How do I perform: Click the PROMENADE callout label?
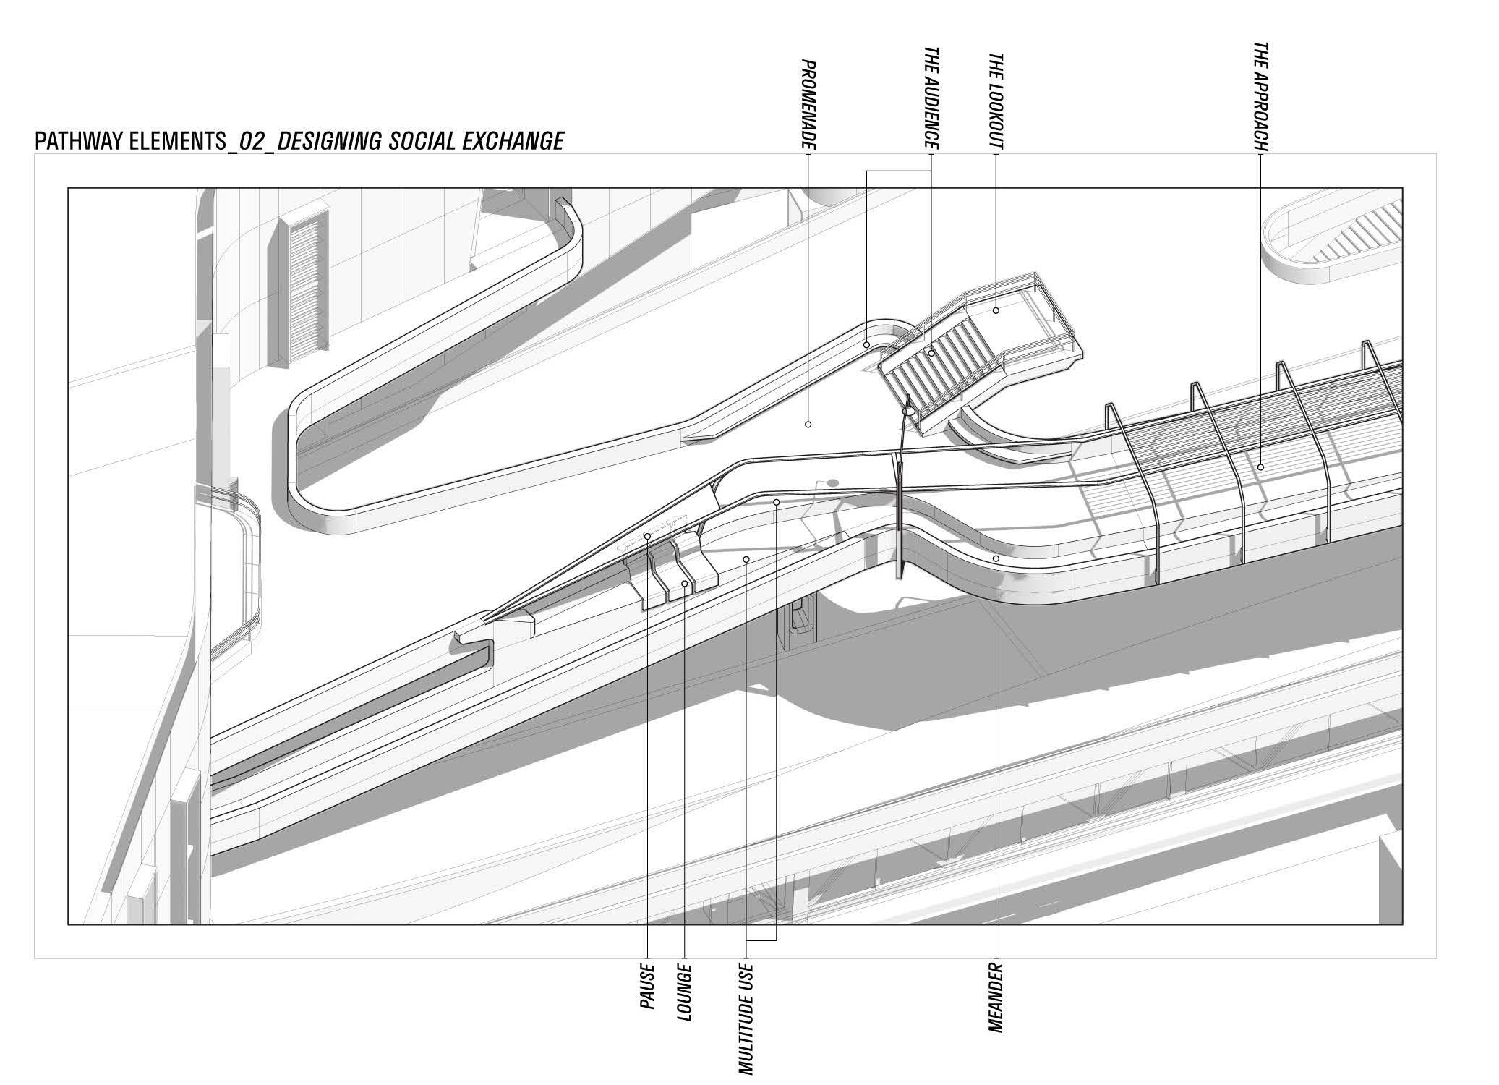[808, 105]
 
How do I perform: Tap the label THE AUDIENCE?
[931, 99]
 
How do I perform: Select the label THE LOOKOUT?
[996, 101]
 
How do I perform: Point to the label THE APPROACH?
[1260, 96]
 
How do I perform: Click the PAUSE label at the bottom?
[647, 987]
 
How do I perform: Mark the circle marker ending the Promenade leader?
[808, 425]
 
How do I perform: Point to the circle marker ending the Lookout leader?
[996, 310]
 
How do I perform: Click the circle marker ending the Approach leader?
[1260, 467]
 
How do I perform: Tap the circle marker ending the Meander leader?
[996, 558]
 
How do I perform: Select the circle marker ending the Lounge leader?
[685, 582]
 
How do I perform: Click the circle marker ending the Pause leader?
[647, 536]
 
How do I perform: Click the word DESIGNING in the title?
[329, 141]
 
